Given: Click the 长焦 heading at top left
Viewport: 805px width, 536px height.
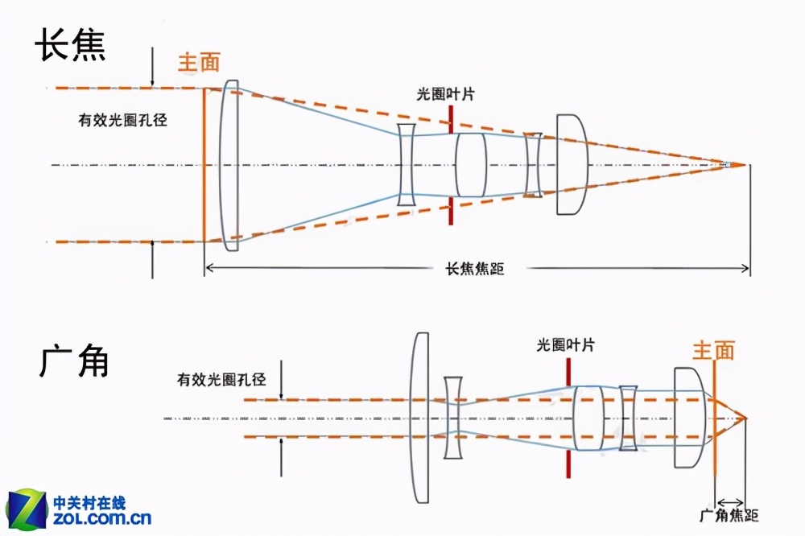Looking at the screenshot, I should pyautogui.click(x=71, y=47).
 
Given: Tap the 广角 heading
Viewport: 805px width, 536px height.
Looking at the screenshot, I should pyautogui.click(x=73, y=363).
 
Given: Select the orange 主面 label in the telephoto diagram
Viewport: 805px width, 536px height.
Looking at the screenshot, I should pyautogui.click(x=199, y=62).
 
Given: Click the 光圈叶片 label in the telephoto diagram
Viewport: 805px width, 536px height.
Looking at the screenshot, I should pyautogui.click(x=445, y=94).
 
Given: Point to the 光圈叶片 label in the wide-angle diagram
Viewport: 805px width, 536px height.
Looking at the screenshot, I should pyautogui.click(x=566, y=345).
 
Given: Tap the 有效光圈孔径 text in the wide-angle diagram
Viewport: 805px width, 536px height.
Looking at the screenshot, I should pyautogui.click(x=222, y=378).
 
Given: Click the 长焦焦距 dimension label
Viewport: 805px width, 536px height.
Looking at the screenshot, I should pyautogui.click(x=475, y=269).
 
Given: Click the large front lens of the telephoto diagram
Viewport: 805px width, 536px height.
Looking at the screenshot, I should pyautogui.click(x=230, y=165).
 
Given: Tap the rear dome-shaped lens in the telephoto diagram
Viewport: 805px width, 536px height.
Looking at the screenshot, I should pyautogui.click(x=571, y=165).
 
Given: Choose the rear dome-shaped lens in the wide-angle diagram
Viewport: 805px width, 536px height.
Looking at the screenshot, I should pyautogui.click(x=689, y=418).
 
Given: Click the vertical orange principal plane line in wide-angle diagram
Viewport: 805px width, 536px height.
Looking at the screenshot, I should pyautogui.click(x=714, y=435).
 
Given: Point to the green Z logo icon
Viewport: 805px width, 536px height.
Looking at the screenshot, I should pyautogui.click(x=27, y=509).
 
